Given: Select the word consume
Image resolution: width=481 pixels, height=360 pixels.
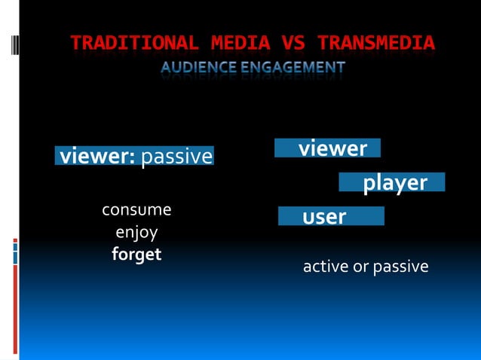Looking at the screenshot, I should coord(136,209).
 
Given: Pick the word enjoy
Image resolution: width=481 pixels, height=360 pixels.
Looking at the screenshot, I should coord(136,232).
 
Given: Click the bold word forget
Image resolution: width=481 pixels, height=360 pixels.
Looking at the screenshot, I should coord(136,255).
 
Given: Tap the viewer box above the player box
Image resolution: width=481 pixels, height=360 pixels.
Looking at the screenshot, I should coord(328,148).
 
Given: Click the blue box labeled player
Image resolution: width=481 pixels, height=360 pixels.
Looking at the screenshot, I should coord(392,182).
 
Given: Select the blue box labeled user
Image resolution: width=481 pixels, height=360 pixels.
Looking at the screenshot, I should coord(331,217).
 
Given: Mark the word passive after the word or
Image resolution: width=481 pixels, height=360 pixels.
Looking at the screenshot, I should coord(400,267).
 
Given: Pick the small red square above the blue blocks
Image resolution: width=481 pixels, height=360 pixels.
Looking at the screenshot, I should coord(15,241).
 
